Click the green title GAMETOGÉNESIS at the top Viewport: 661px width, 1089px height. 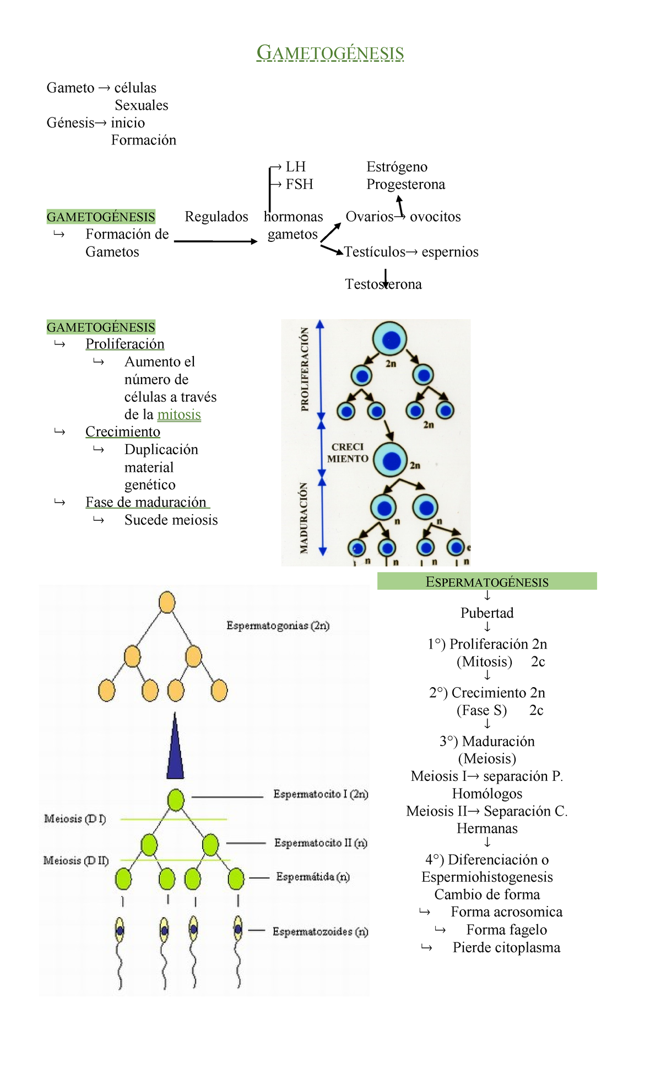click(330, 53)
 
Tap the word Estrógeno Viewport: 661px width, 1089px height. click(397, 167)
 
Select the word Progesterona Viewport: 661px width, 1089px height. click(405, 185)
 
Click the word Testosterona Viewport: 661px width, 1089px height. click(383, 284)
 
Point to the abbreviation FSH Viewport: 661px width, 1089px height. click(299, 184)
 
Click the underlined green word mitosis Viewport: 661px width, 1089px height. click(179, 414)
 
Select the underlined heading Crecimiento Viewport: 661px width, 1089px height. click(123, 432)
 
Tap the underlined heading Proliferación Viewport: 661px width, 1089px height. click(125, 344)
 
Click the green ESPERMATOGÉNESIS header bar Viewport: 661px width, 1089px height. click(487, 581)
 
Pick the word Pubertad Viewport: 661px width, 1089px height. click(487, 613)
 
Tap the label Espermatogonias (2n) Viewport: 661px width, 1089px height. click(278, 626)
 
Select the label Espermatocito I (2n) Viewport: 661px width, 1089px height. click(321, 794)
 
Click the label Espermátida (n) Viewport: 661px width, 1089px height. click(313, 877)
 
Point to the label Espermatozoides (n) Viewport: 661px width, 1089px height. click(320, 932)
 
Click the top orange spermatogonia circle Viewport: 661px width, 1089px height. click(167, 602)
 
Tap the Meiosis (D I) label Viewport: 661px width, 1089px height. click(75, 819)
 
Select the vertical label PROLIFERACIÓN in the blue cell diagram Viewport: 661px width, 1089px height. click(305, 369)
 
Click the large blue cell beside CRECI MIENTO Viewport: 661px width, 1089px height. click(391, 460)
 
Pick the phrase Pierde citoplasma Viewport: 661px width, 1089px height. click(506, 948)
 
